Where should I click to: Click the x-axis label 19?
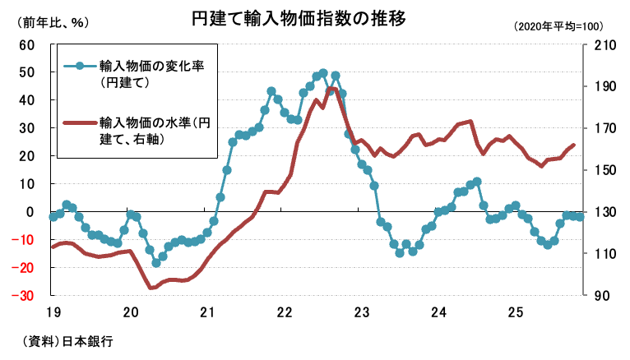pos(53,312)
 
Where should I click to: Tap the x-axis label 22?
pos(285,312)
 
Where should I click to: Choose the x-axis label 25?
pos(516,312)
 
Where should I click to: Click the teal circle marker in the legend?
pos(80,67)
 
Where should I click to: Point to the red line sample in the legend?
pos(80,125)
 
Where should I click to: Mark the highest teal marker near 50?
pos(323,73)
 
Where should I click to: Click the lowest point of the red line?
pos(151,288)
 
